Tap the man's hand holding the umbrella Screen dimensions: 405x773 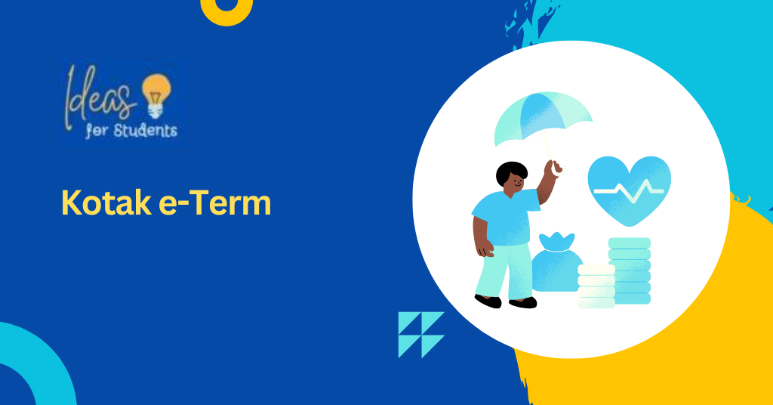(553, 167)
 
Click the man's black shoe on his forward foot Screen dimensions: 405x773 (522, 303)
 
